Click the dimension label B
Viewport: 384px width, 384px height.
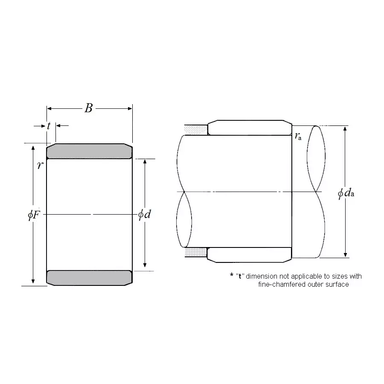point(89,108)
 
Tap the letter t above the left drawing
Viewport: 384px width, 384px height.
point(49,126)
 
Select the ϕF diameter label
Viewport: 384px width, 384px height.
point(34,215)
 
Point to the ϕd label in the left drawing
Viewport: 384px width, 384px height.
point(145,215)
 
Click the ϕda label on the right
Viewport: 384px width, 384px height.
point(346,193)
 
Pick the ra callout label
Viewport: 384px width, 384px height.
point(298,136)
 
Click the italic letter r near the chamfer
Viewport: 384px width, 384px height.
point(40,165)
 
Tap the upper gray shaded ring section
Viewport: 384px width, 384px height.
point(90,151)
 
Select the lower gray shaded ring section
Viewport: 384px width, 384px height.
point(90,278)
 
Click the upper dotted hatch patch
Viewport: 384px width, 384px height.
point(196,130)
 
